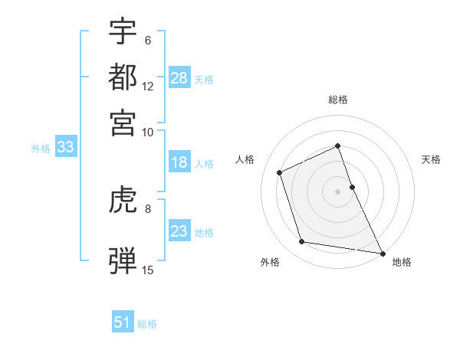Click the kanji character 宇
pos(123,31)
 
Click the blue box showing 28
pos(179,78)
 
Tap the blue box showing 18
pos(179,162)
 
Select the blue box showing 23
pos(179,231)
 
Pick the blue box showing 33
pos(64,148)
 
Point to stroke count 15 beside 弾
pos(148,270)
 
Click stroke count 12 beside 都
pos(148,86)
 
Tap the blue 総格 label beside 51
pos(147,324)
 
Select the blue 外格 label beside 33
pos(40,149)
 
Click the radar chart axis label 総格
pos(337,100)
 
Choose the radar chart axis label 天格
pos(431,159)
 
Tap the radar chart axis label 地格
pos(402,262)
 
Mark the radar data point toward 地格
pos(382,252)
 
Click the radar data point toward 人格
pos(280,172)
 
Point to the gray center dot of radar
pos(337,191)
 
